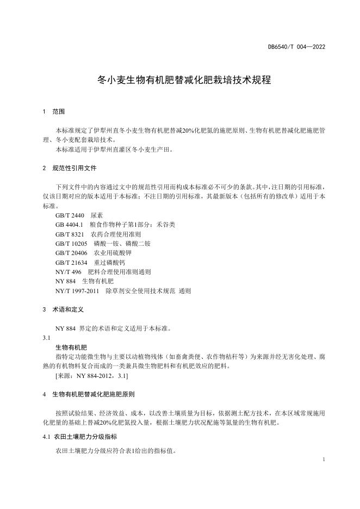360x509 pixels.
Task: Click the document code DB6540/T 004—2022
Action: tap(296, 47)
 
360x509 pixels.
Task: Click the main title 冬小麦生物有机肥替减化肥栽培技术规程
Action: tap(184, 80)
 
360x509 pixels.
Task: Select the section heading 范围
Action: tap(59, 111)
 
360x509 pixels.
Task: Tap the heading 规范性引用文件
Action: tap(74, 169)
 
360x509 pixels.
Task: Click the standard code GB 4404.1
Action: tap(69, 225)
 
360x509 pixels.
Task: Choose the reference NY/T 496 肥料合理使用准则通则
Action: tap(103, 272)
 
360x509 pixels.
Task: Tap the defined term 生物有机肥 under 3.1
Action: tap(71, 347)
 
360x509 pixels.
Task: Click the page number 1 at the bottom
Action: tap(324, 460)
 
